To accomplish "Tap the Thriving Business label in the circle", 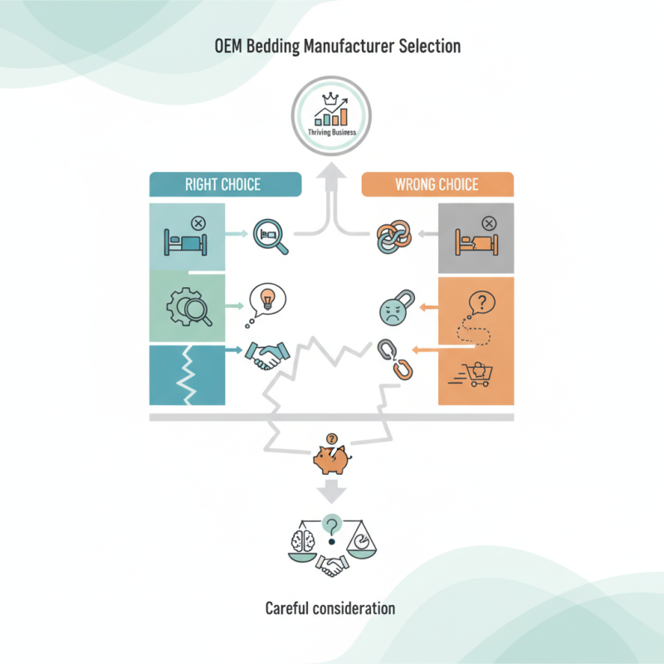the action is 332,132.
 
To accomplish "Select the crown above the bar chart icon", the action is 330,99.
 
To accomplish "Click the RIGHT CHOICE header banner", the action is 225,184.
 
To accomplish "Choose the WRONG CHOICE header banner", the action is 437,184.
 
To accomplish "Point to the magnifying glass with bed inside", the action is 271,237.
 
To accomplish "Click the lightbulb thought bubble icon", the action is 266,304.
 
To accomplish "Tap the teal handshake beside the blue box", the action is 267,355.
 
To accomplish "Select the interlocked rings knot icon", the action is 393,237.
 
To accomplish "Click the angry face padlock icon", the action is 397,308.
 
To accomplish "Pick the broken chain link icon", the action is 395,359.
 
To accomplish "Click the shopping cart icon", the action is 471,374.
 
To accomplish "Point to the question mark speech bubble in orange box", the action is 481,303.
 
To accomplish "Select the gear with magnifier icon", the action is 189,307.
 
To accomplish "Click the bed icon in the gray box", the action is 476,242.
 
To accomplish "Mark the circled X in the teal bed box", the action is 198,222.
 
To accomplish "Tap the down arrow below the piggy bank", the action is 331,491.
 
